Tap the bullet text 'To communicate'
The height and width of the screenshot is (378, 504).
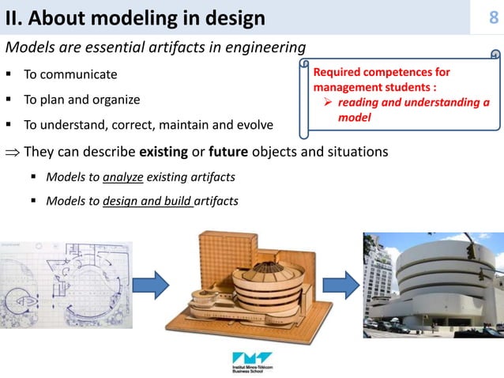[70, 75]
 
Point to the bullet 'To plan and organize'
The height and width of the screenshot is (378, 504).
[82, 100]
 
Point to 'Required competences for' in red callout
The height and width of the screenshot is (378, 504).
[382, 73]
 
